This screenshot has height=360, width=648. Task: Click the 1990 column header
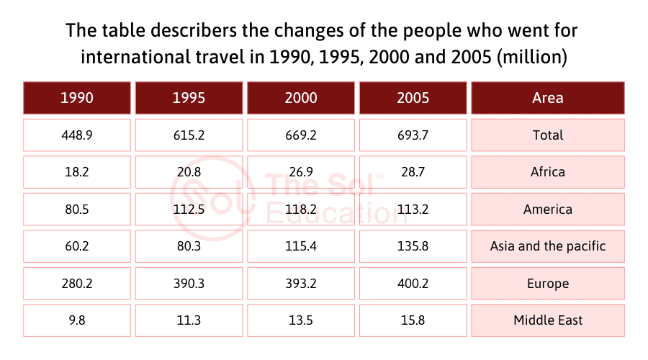77,98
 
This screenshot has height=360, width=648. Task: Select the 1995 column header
189,98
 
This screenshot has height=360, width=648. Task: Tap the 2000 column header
301,98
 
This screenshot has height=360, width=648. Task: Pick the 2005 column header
413,98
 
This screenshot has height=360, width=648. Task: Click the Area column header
548,98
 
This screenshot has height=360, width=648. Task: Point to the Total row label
548,135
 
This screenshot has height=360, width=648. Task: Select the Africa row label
548,172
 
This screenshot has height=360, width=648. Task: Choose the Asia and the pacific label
548,246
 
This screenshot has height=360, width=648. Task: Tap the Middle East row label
548,320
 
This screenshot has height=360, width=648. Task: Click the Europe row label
548,283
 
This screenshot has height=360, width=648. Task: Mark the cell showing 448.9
77,135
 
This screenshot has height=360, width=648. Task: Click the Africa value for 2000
301,172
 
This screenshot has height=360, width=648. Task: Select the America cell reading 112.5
189,210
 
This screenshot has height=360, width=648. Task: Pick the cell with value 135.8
413,246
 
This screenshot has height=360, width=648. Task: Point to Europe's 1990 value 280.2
77,283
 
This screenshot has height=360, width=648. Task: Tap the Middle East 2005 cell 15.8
413,320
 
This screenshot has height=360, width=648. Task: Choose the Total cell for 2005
413,135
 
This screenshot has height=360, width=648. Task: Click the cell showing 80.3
189,246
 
